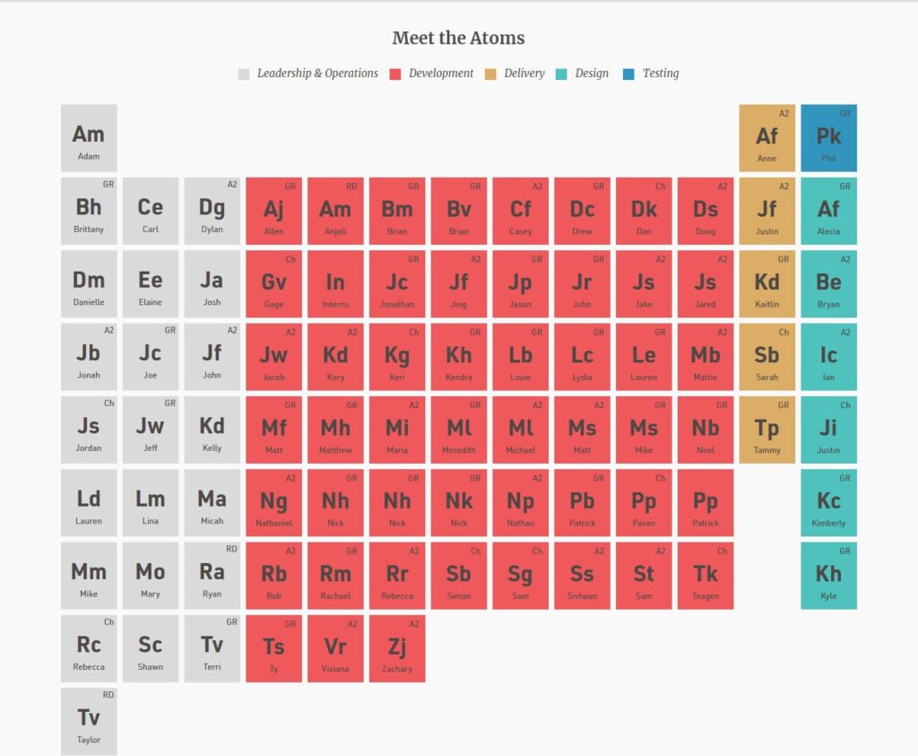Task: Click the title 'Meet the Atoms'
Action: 458,39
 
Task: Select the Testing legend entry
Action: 660,74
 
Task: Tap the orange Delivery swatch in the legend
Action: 490,74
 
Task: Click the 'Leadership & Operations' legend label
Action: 317,74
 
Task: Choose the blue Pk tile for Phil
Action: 828,138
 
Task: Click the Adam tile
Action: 89,138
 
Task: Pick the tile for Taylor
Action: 89,721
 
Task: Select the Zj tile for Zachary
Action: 397,648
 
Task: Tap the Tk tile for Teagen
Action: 706,576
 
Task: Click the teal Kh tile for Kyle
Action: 828,576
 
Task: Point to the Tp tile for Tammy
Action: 766,430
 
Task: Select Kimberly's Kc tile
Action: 828,502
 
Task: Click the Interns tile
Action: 335,284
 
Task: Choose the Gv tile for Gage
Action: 273,284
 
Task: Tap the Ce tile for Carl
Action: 151,211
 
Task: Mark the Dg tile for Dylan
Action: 212,211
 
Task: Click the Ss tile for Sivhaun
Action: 582,576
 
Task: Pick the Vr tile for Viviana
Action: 335,648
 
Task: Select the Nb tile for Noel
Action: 706,430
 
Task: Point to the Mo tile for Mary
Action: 151,576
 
